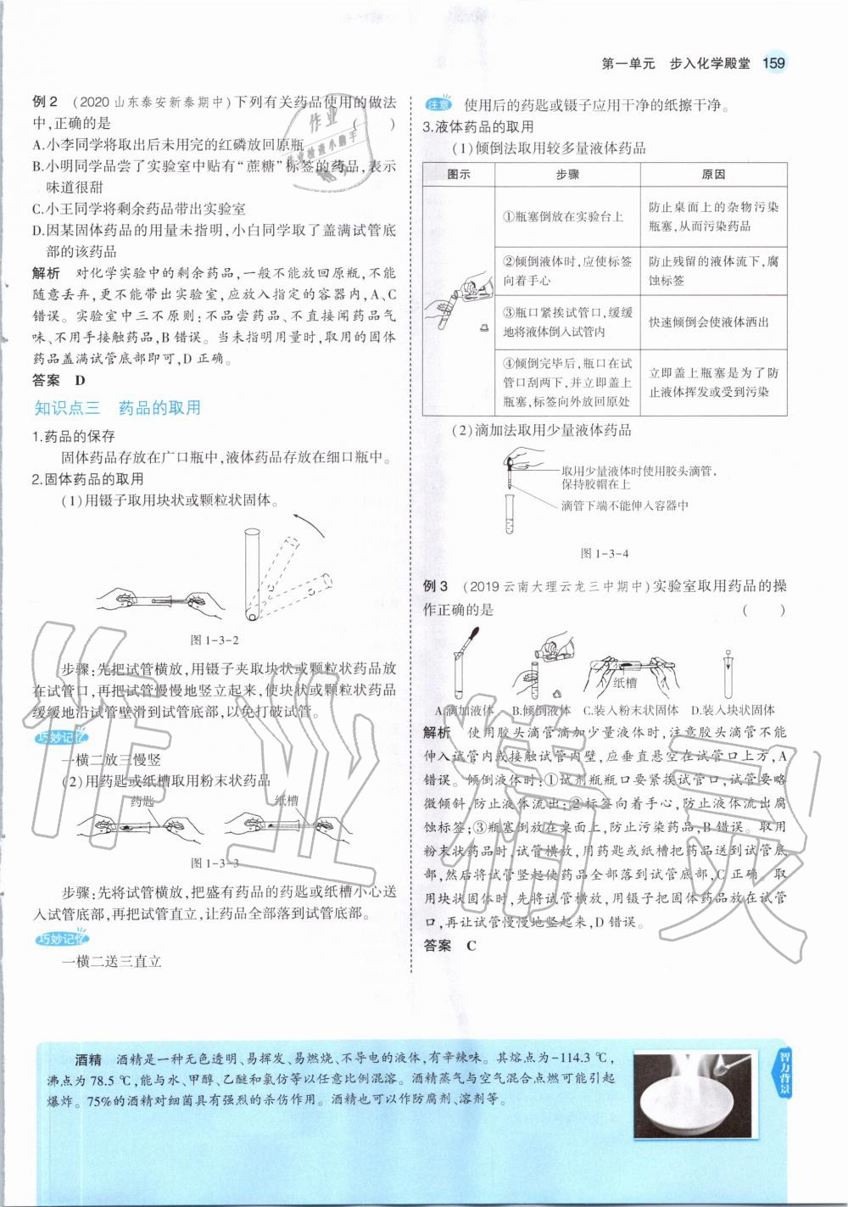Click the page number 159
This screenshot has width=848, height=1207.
coord(774,63)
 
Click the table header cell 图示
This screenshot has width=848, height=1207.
coord(458,174)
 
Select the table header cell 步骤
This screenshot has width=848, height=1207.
coord(566,174)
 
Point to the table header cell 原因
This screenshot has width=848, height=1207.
coord(713,174)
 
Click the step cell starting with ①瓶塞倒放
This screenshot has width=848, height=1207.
coord(566,217)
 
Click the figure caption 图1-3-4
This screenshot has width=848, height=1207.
coord(604,553)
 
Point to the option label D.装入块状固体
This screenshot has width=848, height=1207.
coord(732,710)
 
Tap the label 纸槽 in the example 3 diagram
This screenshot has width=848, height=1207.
coord(625,682)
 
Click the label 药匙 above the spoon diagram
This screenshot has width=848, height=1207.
coord(142,800)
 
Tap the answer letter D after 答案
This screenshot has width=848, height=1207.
coord(80,381)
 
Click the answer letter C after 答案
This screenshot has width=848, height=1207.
coord(471,946)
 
